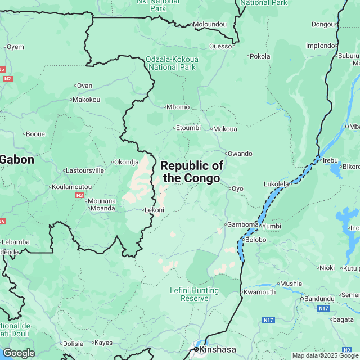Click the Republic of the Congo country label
[192, 172]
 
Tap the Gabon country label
[17, 159]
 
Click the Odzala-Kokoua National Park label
[171, 62]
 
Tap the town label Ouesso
[220, 46]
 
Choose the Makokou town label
[86, 100]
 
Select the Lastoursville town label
[85, 170]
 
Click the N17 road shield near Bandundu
[323, 309]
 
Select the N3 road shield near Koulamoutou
[79, 195]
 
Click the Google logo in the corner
[18, 353]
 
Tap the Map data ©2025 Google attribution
[325, 355]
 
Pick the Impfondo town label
[319, 45]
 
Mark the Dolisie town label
[73, 343]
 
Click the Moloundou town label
[209, 25]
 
